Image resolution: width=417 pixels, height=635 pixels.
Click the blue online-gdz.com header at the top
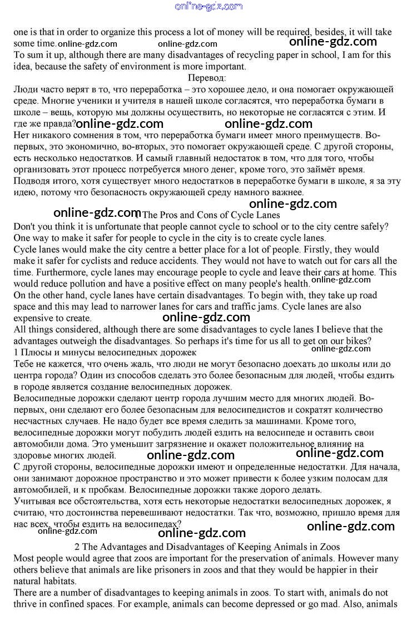pyautogui.click(x=209, y=7)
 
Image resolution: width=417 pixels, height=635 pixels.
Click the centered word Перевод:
pyautogui.click(x=207, y=77)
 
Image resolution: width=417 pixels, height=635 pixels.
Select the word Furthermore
pyautogui.click(x=38, y=272)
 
